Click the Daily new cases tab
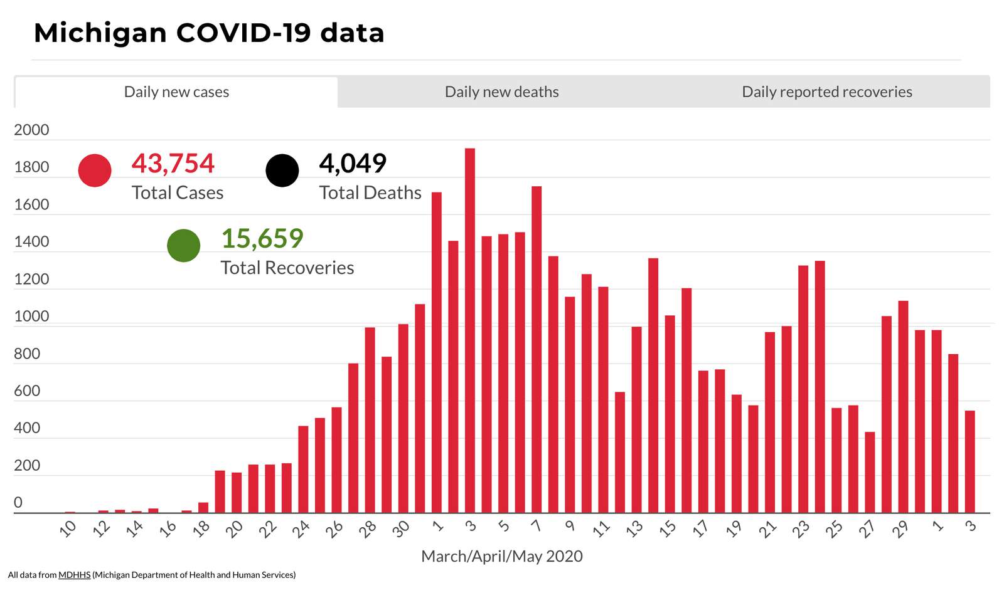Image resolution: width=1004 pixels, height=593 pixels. (x=176, y=92)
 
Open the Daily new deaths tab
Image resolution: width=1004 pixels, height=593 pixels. (x=501, y=92)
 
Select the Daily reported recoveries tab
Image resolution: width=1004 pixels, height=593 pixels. (x=826, y=92)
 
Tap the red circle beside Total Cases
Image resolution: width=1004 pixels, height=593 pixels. (x=95, y=171)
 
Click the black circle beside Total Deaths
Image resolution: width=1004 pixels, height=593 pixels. (x=282, y=171)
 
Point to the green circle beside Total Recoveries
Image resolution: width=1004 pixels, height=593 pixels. (x=184, y=246)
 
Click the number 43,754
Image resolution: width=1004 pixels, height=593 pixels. (x=173, y=164)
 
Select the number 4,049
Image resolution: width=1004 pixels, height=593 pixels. (x=353, y=164)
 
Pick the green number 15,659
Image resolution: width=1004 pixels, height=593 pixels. (x=262, y=239)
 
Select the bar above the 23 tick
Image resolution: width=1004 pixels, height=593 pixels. (x=803, y=389)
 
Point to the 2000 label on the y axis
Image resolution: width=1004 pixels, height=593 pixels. (x=31, y=130)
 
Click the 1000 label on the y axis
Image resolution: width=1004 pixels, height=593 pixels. (x=31, y=317)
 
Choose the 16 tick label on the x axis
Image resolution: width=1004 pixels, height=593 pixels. (x=168, y=529)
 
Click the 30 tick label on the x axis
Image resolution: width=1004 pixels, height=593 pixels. (x=400, y=529)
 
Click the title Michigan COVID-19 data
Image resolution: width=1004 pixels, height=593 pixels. (x=209, y=33)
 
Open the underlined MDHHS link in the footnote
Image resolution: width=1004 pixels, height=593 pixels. (x=74, y=575)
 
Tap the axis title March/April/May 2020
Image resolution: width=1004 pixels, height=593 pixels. (x=501, y=556)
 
